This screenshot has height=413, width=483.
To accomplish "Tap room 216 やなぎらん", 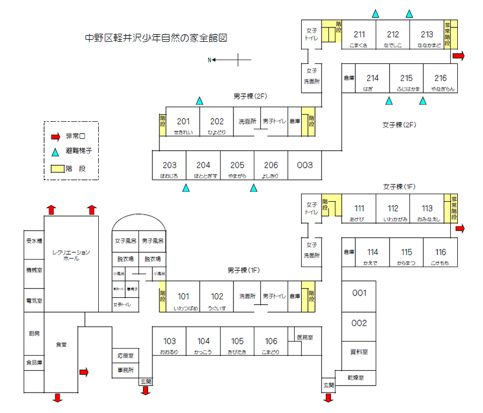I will tap(440, 82).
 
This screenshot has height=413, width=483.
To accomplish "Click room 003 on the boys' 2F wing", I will tap(304, 166).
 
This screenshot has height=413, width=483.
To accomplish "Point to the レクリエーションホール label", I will tap(71, 255).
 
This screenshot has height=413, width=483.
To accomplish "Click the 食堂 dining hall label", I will tap(61, 344).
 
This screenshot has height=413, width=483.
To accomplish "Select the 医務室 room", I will tap(305, 338).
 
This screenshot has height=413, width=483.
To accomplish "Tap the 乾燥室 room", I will tap(355, 378).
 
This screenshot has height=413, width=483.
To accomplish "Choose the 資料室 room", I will tap(359, 352).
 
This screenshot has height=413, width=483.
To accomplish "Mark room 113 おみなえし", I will tap(427, 212).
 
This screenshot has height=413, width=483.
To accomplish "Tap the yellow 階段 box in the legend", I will tap(56, 168).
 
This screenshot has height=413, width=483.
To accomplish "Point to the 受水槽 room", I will tap(34, 241).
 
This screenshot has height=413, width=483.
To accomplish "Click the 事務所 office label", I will tap(126, 370).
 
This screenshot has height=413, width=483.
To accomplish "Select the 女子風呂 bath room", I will tap(126, 241).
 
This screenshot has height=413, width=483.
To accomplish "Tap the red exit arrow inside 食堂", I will tap(84, 372).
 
